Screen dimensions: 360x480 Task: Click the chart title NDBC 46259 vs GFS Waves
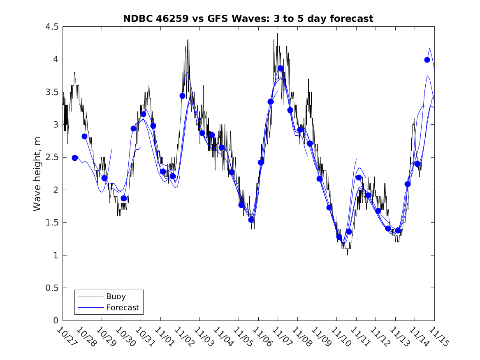(248, 19)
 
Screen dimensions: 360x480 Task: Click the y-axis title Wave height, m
(37, 174)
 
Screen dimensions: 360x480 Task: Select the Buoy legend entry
(116, 296)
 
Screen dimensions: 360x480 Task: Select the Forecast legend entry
(123, 307)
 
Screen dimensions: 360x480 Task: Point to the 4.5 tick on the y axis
(52, 27)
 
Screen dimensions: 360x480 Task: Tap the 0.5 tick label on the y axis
(52, 288)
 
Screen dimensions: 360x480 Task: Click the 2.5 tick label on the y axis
(52, 158)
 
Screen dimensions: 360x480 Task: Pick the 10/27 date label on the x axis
(64, 337)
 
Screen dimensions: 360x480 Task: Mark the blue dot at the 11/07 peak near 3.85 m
(280, 68)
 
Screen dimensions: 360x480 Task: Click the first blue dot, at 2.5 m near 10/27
(75, 158)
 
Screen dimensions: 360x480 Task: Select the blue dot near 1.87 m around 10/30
(123, 198)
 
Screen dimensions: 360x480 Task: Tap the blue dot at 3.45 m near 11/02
(182, 96)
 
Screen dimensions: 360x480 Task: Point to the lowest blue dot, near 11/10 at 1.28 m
(339, 237)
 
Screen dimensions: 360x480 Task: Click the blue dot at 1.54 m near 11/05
(251, 220)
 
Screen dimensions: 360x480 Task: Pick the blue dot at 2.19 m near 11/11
(359, 177)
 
